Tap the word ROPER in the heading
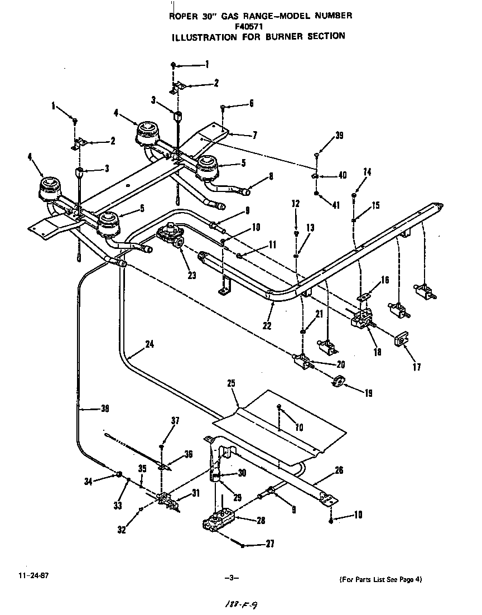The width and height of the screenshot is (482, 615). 182,16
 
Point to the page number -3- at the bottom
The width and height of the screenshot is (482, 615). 230,578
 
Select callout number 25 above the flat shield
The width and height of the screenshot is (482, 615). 232,384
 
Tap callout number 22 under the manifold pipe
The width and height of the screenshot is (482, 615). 267,326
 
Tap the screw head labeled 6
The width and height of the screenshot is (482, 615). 222,105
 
